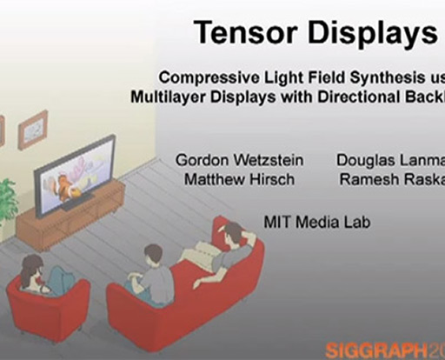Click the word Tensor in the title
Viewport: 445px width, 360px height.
click(x=236, y=33)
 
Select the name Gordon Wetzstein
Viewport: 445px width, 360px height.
click(x=230, y=161)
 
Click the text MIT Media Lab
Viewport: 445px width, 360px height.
click(x=316, y=223)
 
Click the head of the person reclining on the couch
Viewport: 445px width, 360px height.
click(x=233, y=234)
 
